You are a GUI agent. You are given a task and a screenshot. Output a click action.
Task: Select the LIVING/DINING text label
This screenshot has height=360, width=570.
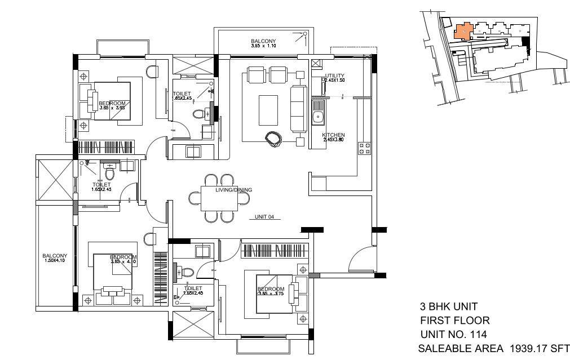point(233,190)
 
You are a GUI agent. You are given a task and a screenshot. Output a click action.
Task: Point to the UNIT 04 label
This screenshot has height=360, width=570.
point(264,216)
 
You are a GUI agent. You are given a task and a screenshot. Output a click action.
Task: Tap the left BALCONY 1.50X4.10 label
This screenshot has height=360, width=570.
point(55,258)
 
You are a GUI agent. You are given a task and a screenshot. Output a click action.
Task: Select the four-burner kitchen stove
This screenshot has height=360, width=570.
point(364,148)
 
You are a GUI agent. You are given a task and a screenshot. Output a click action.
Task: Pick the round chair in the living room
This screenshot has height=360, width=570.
point(276,138)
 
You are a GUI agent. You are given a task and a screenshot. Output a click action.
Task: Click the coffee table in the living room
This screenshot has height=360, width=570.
point(268,110)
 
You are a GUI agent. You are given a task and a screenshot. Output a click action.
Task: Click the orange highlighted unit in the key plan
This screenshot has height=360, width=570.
point(462,32)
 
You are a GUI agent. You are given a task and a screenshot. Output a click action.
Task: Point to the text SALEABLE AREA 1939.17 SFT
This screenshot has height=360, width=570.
point(493,349)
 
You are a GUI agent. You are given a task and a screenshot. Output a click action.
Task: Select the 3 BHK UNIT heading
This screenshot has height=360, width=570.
point(449,307)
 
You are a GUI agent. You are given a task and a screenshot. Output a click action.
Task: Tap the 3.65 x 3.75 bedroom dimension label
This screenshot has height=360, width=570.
point(271,293)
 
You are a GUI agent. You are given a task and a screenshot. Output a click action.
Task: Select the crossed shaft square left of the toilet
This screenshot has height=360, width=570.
point(55,179)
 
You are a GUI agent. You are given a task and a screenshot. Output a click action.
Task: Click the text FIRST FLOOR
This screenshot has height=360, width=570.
point(454,321)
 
